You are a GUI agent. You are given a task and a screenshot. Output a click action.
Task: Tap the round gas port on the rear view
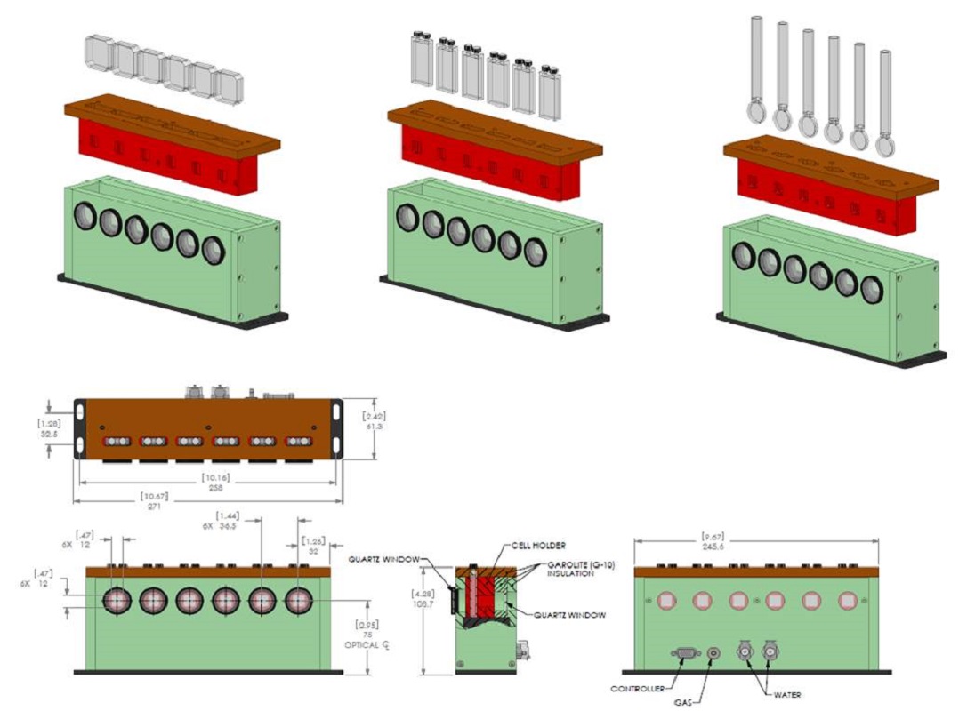pyautogui.click(x=713, y=655)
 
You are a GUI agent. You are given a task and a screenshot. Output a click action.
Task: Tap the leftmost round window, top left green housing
pyautogui.click(x=85, y=216)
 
